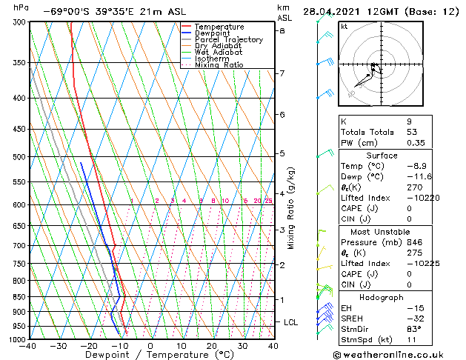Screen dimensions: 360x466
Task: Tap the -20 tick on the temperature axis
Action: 89,345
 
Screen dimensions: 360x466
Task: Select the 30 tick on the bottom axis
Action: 242,345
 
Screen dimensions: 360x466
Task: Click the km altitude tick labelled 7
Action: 282,73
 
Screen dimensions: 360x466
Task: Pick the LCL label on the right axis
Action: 290,322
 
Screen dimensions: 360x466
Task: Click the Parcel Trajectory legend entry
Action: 228,39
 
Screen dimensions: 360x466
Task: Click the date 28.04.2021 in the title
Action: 333,12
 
